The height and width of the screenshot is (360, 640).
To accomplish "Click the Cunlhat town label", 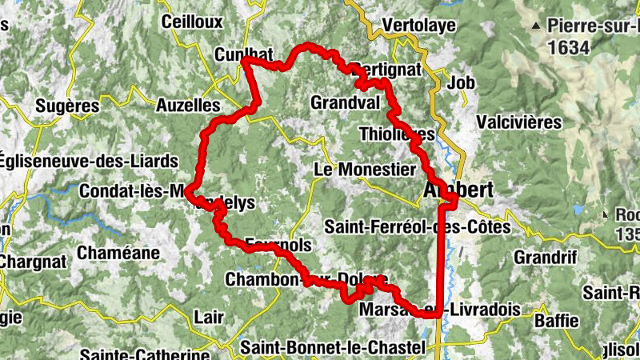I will [x=244, y=54].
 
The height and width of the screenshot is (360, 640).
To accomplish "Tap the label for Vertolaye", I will [x=418, y=25].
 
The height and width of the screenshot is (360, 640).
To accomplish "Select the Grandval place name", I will [x=345, y=103].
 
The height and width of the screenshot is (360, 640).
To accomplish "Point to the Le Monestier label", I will [x=365, y=170].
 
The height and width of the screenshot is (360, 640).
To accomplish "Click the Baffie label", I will [x=556, y=321].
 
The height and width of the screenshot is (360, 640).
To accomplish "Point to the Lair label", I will [x=210, y=318].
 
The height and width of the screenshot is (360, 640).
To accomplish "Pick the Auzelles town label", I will [x=187, y=105].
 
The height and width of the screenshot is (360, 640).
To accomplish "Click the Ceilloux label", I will [x=191, y=22].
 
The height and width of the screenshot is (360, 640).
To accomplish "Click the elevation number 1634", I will [x=570, y=48].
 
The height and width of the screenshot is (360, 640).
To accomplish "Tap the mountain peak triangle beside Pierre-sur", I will [x=534, y=26].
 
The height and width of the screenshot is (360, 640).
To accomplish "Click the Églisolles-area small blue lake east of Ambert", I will [x=578, y=210].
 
